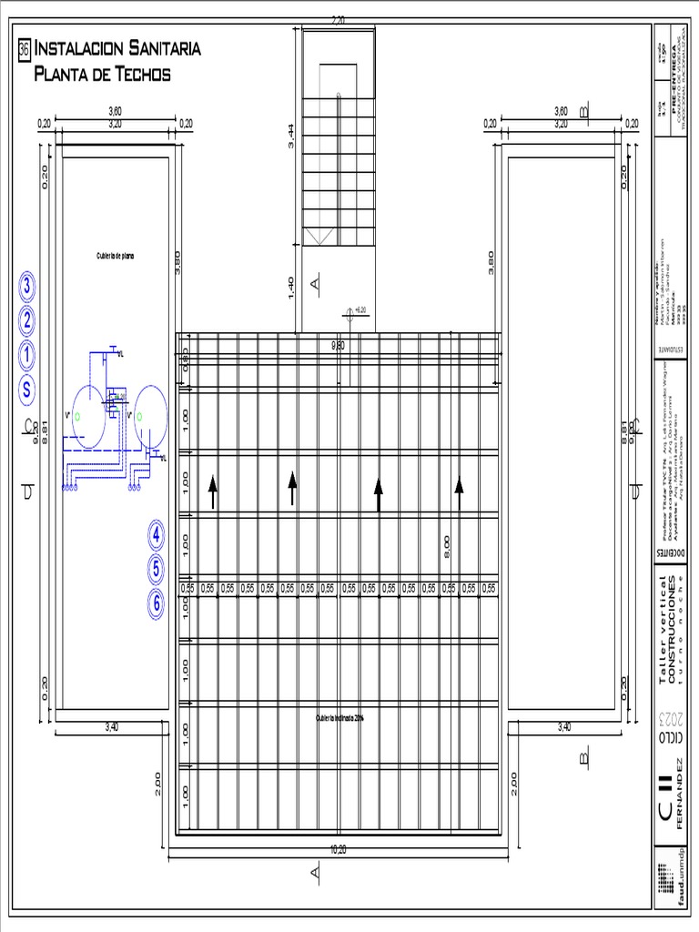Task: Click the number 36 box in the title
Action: coord(25,48)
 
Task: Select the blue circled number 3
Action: coord(27,287)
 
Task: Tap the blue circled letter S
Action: coord(27,390)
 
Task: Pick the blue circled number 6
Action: coord(157,603)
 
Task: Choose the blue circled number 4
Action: coord(157,536)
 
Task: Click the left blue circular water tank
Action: coord(89,416)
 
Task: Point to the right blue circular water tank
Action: coord(150,416)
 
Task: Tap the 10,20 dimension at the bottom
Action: coord(338,850)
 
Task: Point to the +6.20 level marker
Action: coord(358,310)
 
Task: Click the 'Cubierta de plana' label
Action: coord(116,256)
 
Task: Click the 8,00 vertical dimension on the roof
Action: coord(448,546)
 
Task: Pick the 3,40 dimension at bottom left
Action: coord(112,726)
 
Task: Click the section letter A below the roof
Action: coord(316,874)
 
